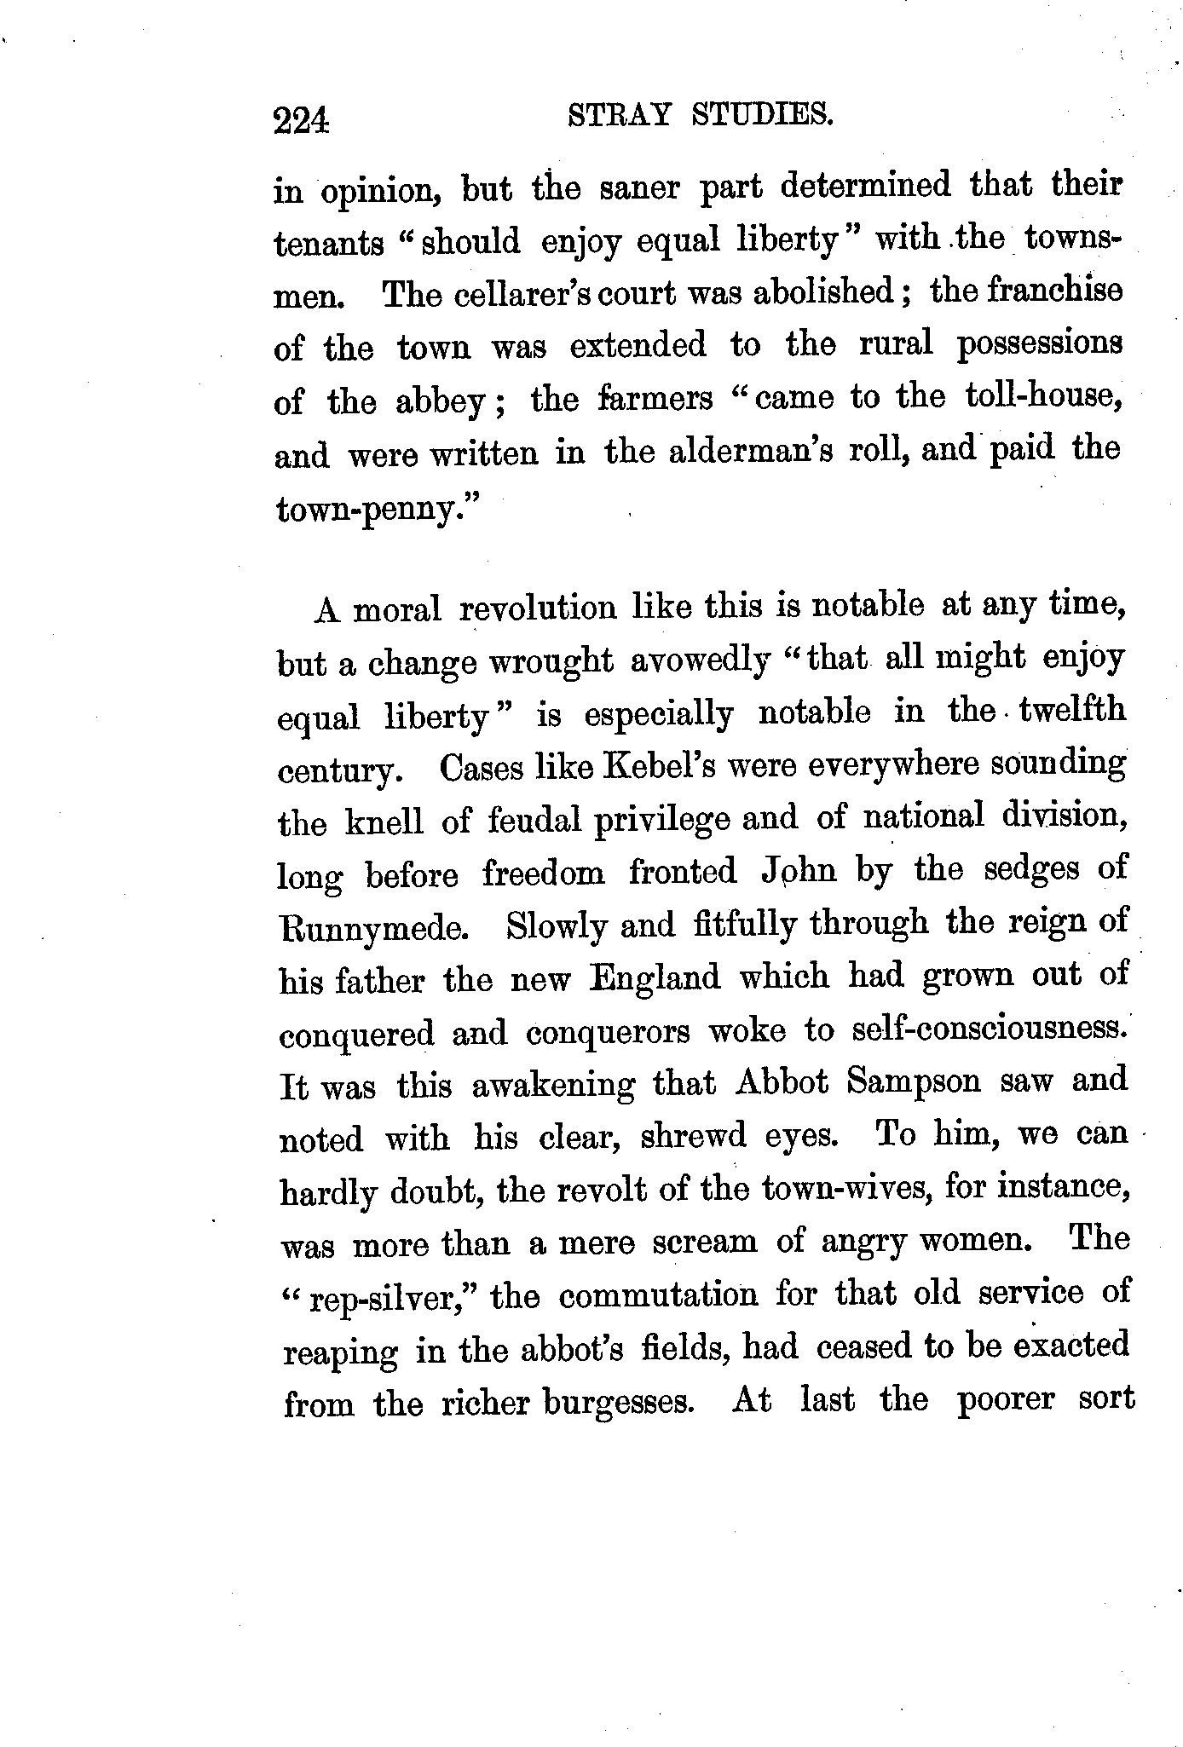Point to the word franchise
click(1042, 291)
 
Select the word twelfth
click(1072, 711)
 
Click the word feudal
click(535, 819)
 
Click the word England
click(655, 977)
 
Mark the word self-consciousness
click(990, 1029)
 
